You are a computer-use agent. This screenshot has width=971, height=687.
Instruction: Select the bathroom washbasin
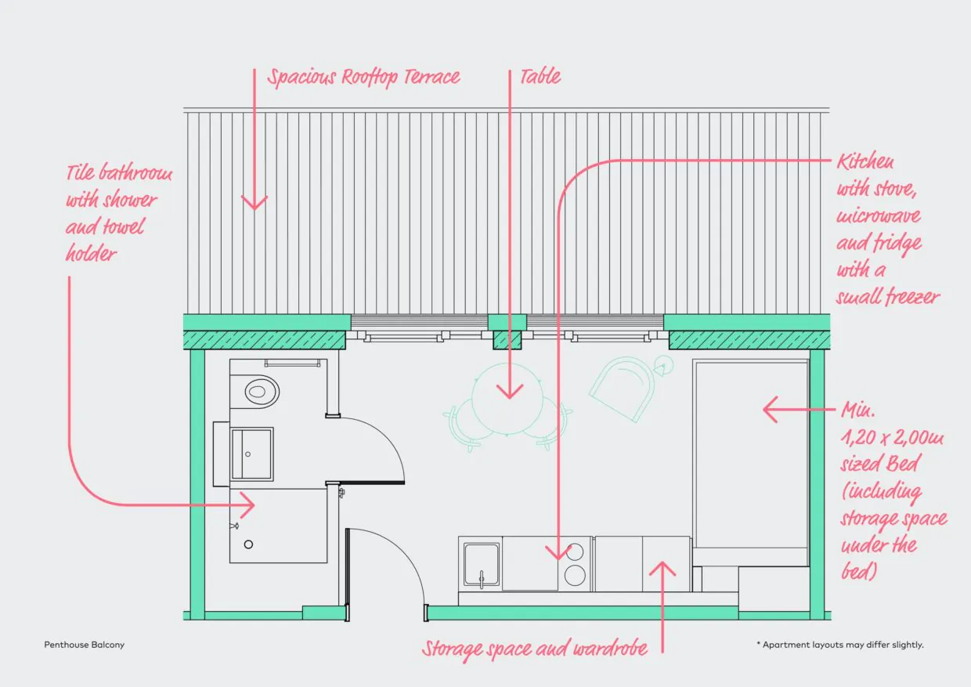point(252,454)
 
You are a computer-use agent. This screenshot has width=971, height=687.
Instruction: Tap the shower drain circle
point(248,544)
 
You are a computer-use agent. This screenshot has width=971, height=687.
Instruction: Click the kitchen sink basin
point(481,565)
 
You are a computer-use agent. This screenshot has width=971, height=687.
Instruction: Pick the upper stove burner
point(575,552)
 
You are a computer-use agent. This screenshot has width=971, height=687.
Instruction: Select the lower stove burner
point(575,576)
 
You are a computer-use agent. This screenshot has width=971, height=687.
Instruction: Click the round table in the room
point(507,399)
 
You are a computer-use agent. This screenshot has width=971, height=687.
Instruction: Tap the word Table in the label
point(540,77)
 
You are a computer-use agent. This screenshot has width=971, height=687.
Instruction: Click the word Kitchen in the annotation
point(865,162)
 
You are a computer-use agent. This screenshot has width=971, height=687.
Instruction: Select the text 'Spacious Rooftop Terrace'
point(363,78)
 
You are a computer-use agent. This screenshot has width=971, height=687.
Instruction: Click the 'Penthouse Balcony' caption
point(84,645)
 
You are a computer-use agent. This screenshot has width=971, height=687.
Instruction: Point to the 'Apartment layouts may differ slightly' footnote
point(840,645)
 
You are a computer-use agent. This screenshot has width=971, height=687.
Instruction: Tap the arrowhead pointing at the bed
point(771,409)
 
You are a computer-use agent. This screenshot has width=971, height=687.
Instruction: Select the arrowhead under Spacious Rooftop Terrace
point(254,203)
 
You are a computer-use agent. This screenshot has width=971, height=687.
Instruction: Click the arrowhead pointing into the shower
point(247,504)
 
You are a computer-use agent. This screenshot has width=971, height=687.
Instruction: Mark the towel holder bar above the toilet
point(293,363)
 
